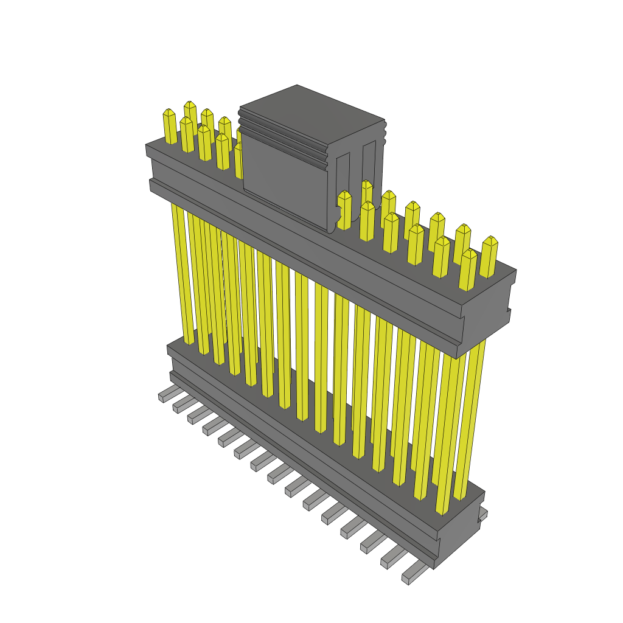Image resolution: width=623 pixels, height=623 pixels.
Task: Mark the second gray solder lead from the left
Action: click(181, 405)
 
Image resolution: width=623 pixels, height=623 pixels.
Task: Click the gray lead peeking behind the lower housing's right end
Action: click(483, 515)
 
